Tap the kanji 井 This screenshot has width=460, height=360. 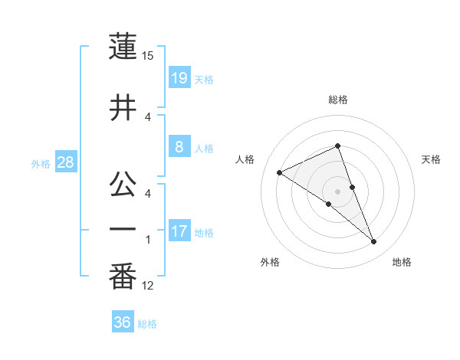pyautogui.click(x=123, y=108)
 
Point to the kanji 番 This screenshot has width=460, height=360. pyautogui.click(x=123, y=278)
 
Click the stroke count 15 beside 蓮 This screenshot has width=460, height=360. pyautogui.click(x=148, y=55)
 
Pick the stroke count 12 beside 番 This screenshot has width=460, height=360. pyautogui.click(x=148, y=286)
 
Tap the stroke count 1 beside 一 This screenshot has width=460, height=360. pyautogui.click(x=148, y=240)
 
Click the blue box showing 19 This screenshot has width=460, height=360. pyautogui.click(x=179, y=77)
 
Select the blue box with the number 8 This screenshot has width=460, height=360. pyautogui.click(x=179, y=147)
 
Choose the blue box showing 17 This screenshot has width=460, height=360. pyautogui.click(x=179, y=231)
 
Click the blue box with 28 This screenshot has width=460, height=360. pyautogui.click(x=65, y=162)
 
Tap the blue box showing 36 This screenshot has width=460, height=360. pyautogui.click(x=122, y=322)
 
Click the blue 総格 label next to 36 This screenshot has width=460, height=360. pyautogui.click(x=147, y=324)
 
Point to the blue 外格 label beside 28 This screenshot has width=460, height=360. pyautogui.click(x=41, y=163)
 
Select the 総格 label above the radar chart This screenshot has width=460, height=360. pyautogui.click(x=338, y=100)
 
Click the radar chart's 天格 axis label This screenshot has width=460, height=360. pyautogui.click(x=432, y=159)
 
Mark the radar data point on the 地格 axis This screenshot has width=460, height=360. pyautogui.click(x=374, y=242)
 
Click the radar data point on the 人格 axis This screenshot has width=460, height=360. pyautogui.click(x=279, y=173)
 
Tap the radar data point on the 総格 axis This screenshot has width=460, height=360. pyautogui.click(x=338, y=146)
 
